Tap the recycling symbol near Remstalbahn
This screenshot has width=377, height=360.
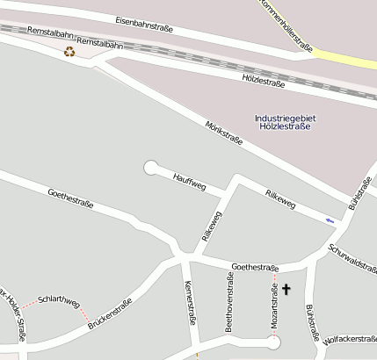pyautogui.click(x=69, y=51)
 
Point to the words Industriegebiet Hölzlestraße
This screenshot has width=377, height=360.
pyautogui.click(x=284, y=122)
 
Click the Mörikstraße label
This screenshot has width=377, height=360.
pyautogui.click(x=223, y=137)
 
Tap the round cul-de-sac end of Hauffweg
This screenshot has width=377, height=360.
pyautogui.click(x=150, y=166)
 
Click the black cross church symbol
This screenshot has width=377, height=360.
pyautogui.click(x=286, y=289)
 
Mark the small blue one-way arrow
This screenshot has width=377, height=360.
pyautogui.click(x=330, y=220)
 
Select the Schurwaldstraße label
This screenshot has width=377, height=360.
pyautogui.click(x=352, y=255)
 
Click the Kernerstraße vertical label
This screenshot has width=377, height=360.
pyautogui.click(x=188, y=303)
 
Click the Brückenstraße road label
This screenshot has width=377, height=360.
pyautogui.click(x=110, y=314)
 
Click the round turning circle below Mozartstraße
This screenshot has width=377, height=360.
pyautogui.click(x=273, y=343)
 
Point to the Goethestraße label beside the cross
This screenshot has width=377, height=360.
pyautogui.click(x=255, y=267)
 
